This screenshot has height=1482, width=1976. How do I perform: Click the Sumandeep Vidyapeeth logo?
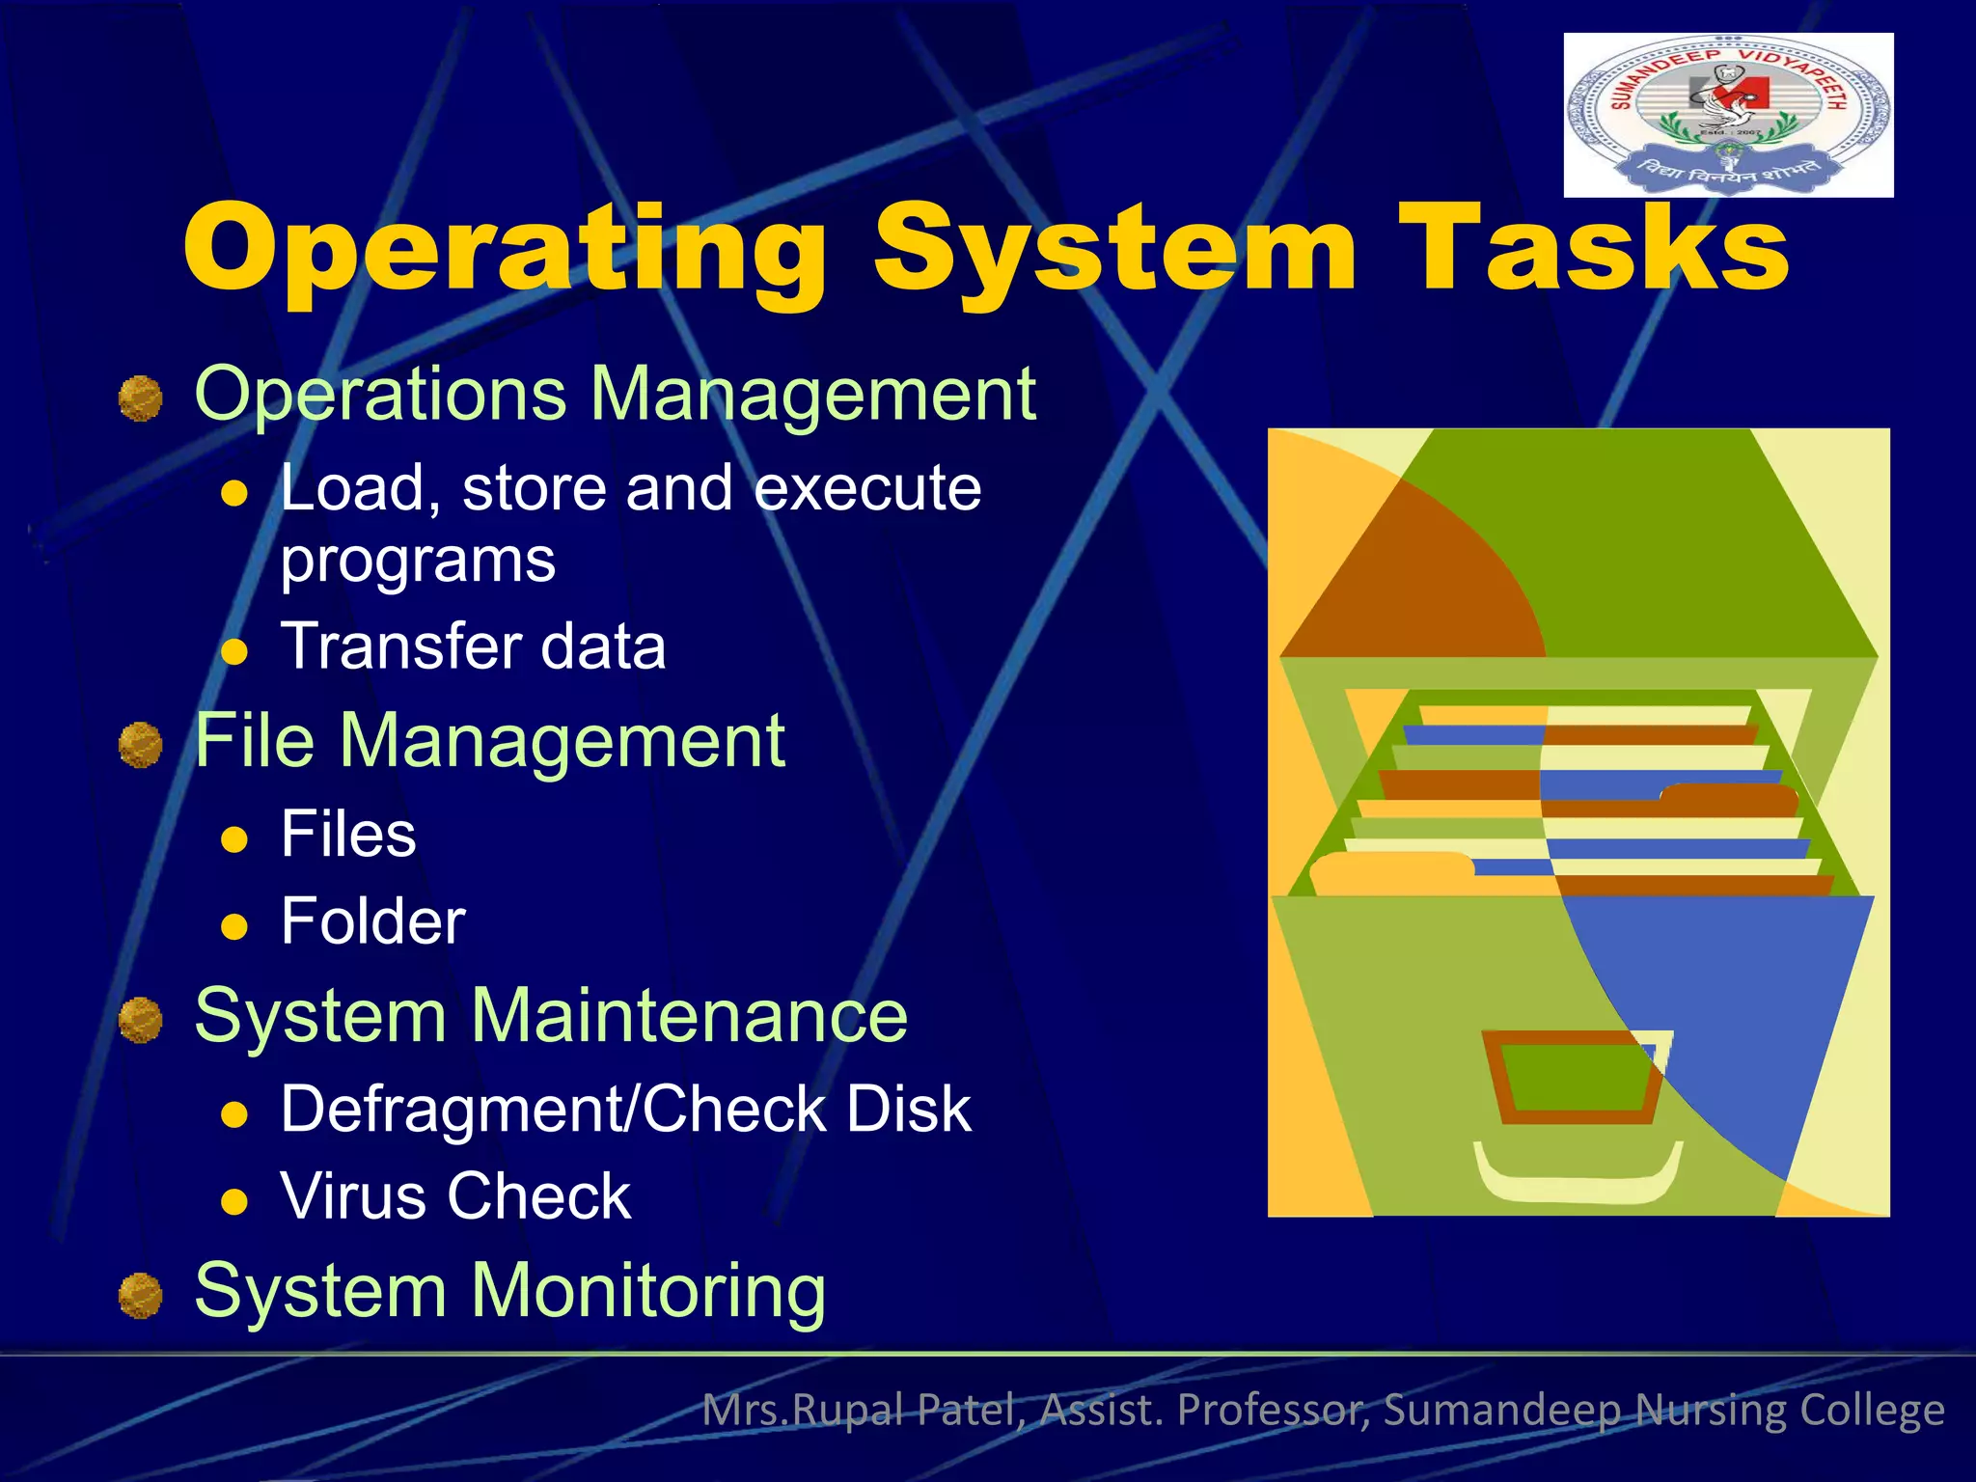(1728, 115)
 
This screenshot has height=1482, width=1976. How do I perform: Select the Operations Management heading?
(615, 395)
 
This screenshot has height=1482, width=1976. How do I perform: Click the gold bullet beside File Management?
(141, 745)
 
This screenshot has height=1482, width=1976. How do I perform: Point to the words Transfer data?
(473, 645)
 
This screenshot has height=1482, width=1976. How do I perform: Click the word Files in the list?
(348, 834)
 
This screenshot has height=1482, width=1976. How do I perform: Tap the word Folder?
(372, 921)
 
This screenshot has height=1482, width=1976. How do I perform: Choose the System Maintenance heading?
(551, 1016)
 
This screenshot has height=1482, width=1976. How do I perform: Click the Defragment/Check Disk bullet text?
(625, 1109)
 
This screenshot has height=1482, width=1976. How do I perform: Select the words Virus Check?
(455, 1196)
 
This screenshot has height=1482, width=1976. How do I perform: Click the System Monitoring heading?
(509, 1291)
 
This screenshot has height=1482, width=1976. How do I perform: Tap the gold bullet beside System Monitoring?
(141, 1295)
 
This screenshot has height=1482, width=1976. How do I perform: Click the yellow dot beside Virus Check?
(234, 1202)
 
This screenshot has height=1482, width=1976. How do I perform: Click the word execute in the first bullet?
(867, 487)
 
